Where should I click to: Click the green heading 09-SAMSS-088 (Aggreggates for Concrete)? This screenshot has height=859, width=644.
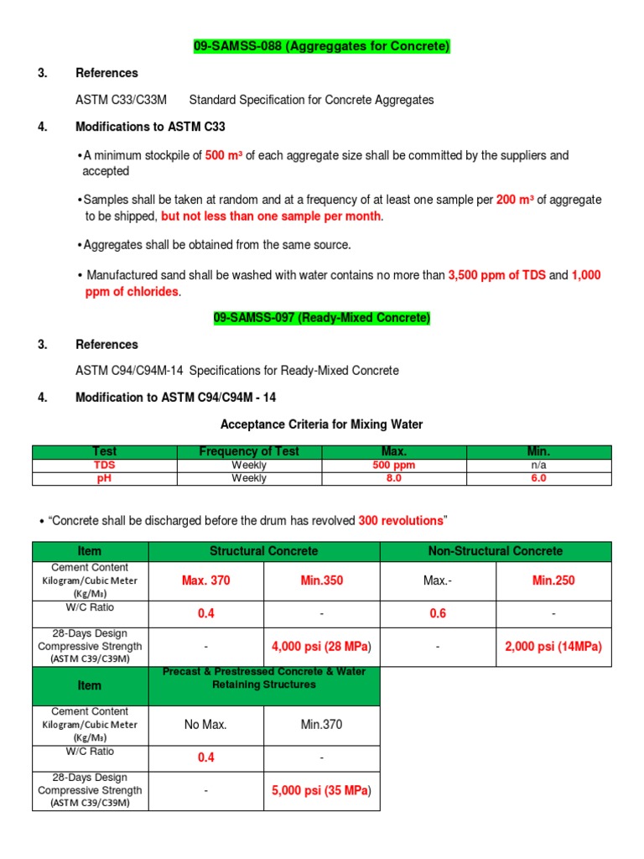click(322, 47)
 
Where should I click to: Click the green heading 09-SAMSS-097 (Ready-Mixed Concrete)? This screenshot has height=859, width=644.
click(321, 318)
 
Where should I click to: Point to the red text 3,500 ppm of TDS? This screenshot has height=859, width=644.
click(496, 275)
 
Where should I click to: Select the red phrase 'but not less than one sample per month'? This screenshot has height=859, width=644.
click(271, 216)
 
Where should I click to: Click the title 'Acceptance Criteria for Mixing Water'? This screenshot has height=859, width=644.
click(321, 424)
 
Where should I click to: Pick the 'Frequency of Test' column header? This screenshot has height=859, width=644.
click(249, 452)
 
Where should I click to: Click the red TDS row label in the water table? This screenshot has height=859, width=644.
click(105, 465)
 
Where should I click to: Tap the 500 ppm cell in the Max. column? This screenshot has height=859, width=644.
click(394, 465)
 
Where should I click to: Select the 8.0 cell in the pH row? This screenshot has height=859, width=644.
click(394, 478)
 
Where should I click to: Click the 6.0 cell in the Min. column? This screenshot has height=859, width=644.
click(538, 478)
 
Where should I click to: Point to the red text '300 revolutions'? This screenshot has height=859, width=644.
click(401, 521)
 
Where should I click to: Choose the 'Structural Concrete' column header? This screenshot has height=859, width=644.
click(264, 551)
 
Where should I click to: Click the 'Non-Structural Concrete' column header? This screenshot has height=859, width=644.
click(496, 551)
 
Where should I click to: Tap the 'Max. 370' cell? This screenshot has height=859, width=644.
click(206, 580)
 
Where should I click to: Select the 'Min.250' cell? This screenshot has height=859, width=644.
click(553, 580)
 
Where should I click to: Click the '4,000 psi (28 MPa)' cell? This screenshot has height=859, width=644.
click(321, 647)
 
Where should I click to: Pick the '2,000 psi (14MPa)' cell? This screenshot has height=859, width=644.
click(553, 647)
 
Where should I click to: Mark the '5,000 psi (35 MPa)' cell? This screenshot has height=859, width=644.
click(321, 790)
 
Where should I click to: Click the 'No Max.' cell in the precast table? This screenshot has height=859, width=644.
click(206, 724)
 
